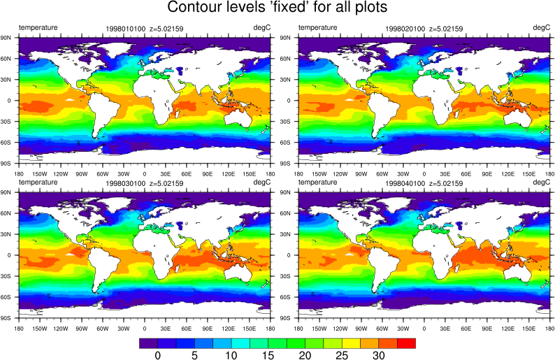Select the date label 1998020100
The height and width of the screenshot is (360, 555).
[x=404, y=29]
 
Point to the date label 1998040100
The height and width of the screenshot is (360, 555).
[x=404, y=184]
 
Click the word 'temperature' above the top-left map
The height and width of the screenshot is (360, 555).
[x=38, y=27]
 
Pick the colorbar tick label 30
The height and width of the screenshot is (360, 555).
[x=379, y=355]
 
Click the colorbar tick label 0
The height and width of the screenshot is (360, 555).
[x=157, y=355]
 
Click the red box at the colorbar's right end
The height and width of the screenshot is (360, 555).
[x=406, y=343]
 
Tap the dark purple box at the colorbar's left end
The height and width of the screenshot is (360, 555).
[x=148, y=343]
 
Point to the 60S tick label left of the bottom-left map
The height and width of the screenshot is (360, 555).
[x=9, y=297]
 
